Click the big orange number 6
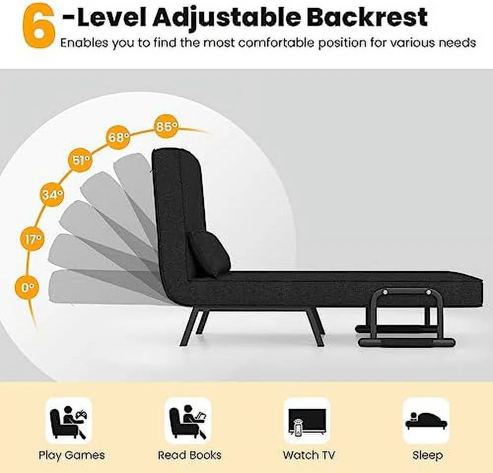(x=39, y=27)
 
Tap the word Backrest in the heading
(x=367, y=17)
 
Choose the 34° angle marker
(x=53, y=195)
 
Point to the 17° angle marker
(x=33, y=239)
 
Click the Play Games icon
(x=69, y=420)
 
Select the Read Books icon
(x=188, y=420)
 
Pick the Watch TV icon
(x=307, y=420)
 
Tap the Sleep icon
(x=426, y=420)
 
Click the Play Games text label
(x=71, y=455)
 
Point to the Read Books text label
(x=190, y=455)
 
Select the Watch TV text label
(x=309, y=455)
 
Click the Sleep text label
(x=427, y=455)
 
